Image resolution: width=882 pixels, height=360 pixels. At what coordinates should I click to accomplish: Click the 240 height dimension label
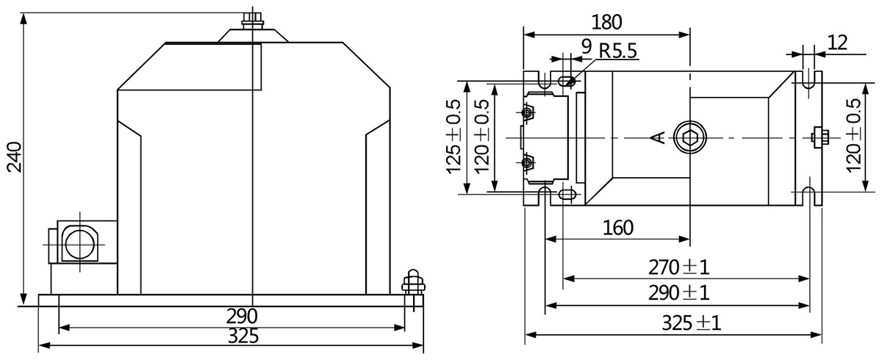pos(14,157)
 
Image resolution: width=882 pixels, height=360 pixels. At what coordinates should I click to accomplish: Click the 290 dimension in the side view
pos(241,317)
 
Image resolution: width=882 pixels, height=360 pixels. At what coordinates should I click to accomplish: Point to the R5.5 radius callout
pos(618,51)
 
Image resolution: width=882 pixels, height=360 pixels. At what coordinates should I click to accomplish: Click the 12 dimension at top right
pos(837,41)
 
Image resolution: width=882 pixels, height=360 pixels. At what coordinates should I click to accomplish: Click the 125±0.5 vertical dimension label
pos(453,136)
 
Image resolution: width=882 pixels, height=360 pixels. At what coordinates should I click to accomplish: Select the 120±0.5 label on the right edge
pos(854,136)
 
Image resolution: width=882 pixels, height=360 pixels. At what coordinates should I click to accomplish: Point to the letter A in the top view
pos(659,137)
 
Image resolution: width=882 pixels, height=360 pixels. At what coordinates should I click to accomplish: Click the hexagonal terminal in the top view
pos(689,137)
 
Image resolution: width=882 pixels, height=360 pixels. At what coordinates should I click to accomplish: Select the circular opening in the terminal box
pos(77,241)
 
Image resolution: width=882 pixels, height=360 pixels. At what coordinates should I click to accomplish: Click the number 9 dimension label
pos(586,46)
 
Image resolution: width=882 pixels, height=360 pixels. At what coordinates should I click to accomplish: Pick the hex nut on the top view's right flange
pos(819,137)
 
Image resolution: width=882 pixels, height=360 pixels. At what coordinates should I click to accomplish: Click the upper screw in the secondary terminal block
pos(527,112)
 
